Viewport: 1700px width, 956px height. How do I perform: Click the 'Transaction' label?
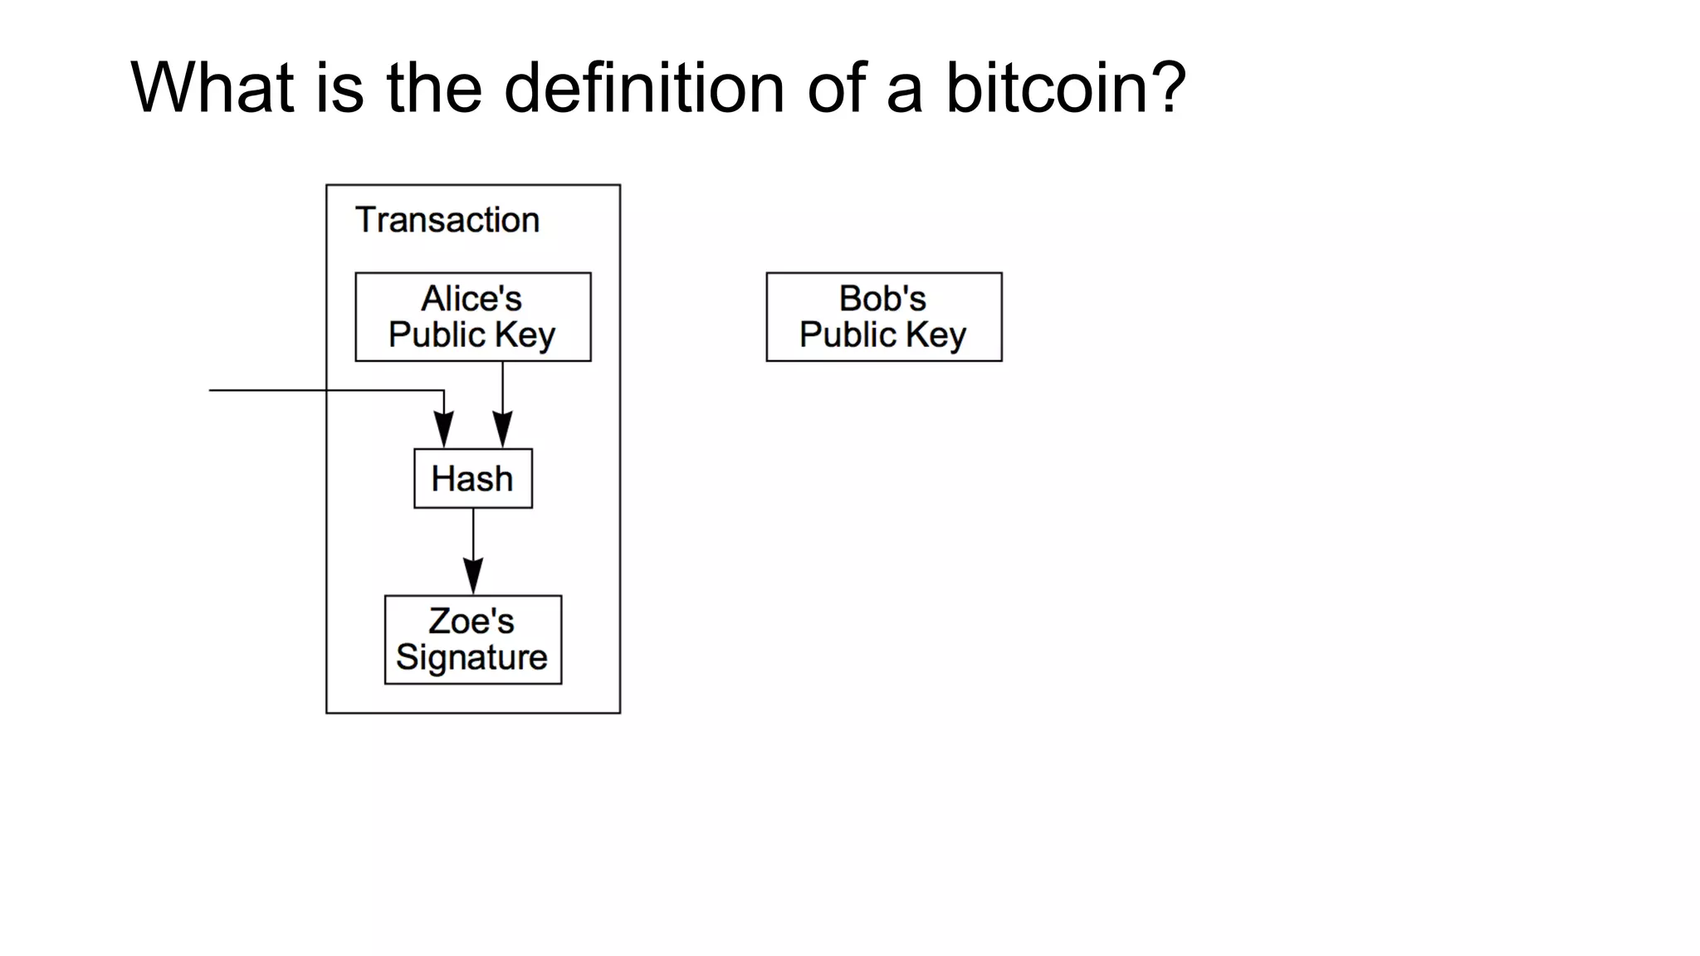tap(447, 220)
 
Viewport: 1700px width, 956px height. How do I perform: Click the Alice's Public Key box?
tap(472, 317)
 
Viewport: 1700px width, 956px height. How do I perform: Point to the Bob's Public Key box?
tap(883, 317)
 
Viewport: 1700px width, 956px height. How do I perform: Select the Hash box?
tap(472, 479)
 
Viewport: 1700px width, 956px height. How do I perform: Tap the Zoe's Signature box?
tap(472, 640)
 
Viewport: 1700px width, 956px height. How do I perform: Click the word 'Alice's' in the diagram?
tap(471, 299)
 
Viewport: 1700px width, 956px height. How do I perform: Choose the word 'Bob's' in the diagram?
tap(882, 299)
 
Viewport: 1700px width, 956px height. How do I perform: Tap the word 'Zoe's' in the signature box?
tap(471, 622)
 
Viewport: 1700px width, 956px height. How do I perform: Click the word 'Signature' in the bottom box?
tap(471, 658)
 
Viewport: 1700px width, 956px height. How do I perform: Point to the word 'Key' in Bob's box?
tap(936, 335)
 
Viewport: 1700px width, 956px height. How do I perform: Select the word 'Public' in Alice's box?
tap(437, 335)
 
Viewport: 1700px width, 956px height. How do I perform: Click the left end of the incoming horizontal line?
tap(212, 390)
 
